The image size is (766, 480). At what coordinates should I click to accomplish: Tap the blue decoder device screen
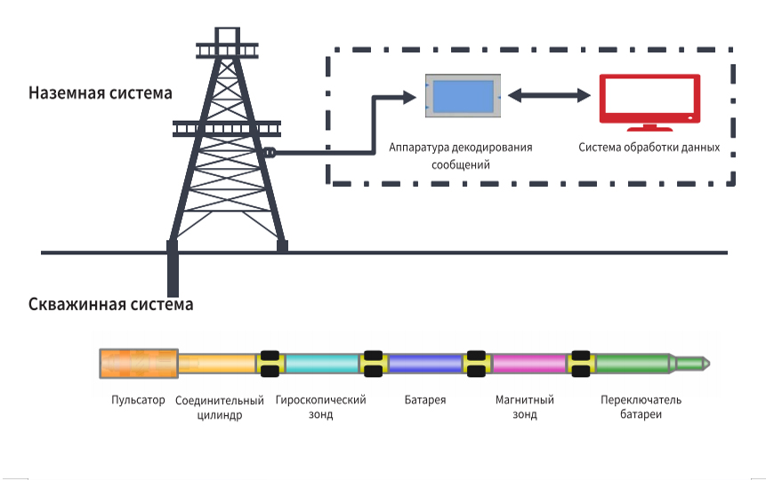coord(464,96)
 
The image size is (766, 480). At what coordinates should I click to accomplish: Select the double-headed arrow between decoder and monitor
coord(550,95)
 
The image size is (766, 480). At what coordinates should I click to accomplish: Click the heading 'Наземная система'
coord(101,92)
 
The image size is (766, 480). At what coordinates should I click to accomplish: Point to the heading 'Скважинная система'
coord(111,304)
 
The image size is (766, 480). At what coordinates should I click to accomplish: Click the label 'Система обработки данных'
coord(649,148)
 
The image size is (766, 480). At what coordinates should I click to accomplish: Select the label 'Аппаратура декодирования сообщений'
coord(461,156)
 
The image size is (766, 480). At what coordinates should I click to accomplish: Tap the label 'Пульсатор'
coord(138,400)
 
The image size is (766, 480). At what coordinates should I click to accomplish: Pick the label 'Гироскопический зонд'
coord(320,407)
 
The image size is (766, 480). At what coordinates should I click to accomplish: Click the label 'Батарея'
coord(425,400)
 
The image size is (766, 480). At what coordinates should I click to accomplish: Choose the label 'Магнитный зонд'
coord(525,407)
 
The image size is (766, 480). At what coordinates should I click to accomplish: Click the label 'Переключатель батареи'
coord(641,407)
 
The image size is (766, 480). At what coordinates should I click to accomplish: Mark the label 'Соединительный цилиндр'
coord(220,408)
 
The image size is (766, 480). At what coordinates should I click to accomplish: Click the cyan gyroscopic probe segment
coord(321,364)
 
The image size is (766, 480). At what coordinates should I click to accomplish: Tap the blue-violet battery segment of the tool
coord(425,364)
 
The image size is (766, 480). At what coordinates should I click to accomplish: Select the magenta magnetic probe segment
coord(529,364)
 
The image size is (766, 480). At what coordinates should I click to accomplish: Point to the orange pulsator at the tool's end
coord(139,364)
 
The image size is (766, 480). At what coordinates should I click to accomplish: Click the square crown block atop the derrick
coord(227,36)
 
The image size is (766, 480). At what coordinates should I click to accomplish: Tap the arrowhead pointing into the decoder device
coord(409,97)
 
